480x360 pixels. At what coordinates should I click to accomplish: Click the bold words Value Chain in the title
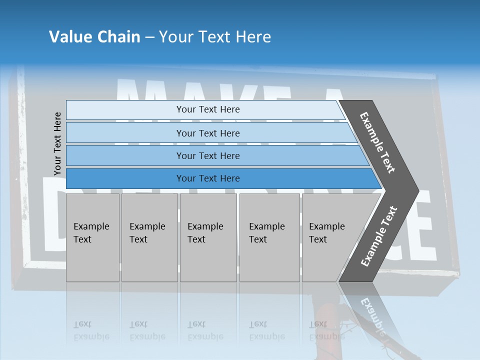tap(94, 37)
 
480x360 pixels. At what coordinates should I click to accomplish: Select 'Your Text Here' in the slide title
tap(215, 37)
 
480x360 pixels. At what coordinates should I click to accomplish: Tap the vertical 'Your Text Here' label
tap(57, 143)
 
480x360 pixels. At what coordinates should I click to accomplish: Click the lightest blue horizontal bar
tap(207, 109)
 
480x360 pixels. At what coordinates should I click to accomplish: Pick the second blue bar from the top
tap(207, 133)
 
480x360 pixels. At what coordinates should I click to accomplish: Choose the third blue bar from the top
tap(207, 155)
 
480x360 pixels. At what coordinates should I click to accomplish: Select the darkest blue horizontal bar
tap(207, 178)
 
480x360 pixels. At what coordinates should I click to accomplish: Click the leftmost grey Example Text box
tap(92, 237)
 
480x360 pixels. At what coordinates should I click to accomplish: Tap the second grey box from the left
tap(149, 237)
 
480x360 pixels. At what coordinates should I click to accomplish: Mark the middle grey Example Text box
tap(208, 237)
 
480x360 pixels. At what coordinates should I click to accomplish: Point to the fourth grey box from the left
tap(269, 237)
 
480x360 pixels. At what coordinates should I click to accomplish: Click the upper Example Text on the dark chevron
tap(377, 142)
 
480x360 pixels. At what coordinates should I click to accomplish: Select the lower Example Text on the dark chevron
tap(379, 236)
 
